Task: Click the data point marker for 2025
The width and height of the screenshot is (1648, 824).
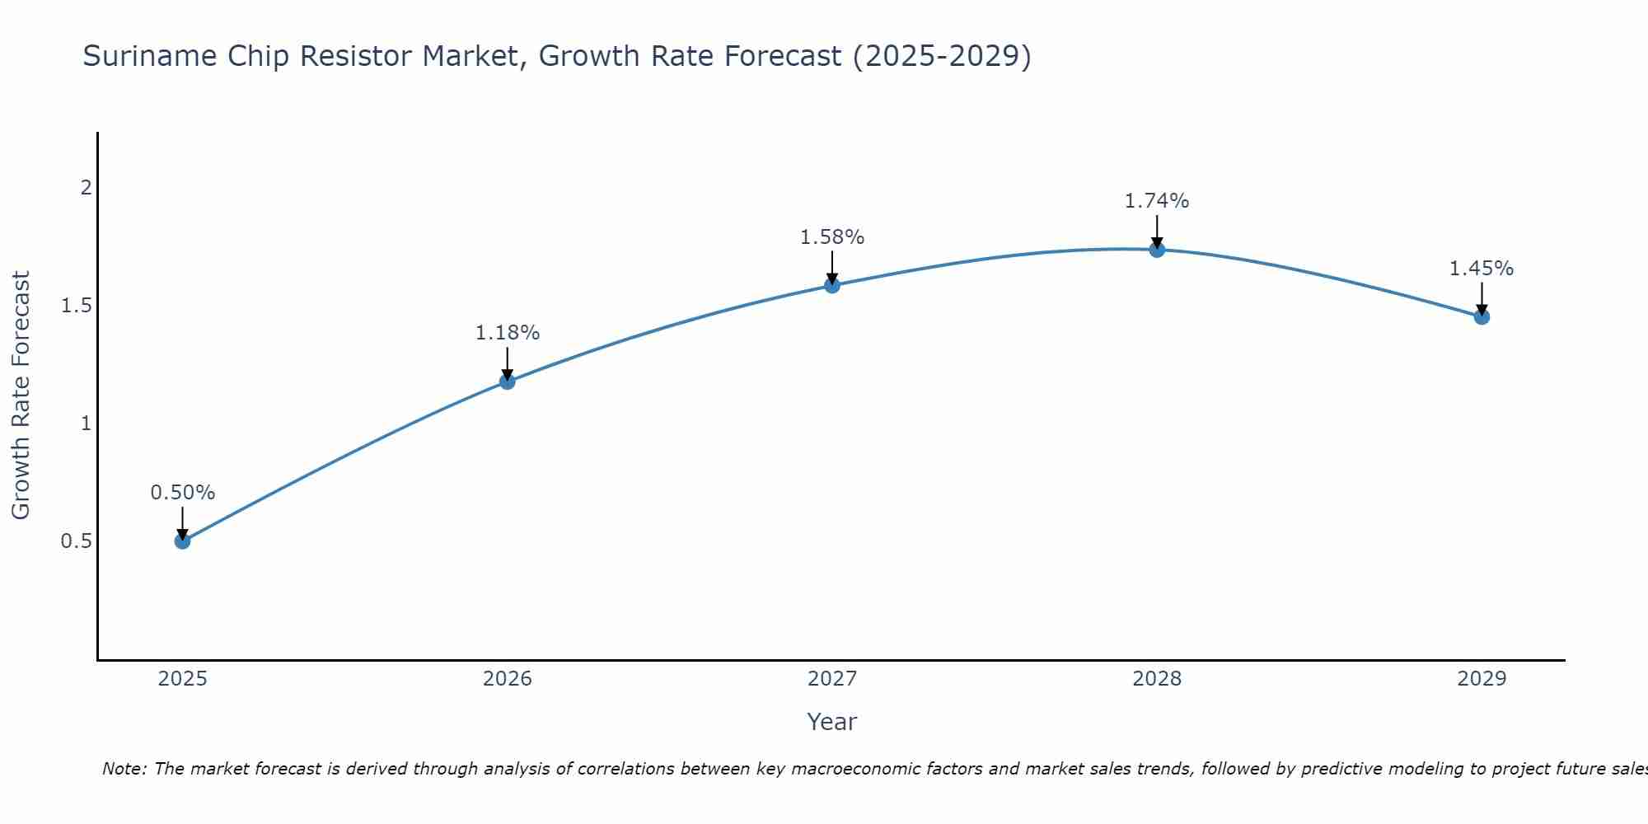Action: (182, 541)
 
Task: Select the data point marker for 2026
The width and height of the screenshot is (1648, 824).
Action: (508, 382)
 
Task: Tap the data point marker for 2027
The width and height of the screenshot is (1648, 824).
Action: (832, 285)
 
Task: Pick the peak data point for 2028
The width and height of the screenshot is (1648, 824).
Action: (1157, 250)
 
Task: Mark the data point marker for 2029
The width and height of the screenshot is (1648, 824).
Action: (1482, 316)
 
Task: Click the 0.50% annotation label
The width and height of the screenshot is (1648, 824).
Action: (182, 493)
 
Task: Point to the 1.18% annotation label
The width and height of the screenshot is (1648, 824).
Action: (508, 333)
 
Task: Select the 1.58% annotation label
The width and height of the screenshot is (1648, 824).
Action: (832, 237)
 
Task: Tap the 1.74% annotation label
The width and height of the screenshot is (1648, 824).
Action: (1157, 201)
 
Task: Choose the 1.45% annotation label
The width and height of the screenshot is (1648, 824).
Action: (1482, 269)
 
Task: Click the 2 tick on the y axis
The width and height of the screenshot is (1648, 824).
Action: (85, 188)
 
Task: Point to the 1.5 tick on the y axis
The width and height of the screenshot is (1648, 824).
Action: (76, 306)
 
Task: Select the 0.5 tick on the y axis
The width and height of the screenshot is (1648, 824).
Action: (76, 541)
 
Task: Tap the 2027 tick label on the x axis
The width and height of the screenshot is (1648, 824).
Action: (832, 679)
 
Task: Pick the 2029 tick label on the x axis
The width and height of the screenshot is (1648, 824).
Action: (1482, 679)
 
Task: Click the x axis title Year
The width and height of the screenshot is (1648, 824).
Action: (832, 722)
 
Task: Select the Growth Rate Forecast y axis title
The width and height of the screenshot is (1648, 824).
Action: (21, 396)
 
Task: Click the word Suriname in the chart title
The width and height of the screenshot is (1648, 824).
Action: (145, 57)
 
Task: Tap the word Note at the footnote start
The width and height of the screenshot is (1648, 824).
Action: (124, 769)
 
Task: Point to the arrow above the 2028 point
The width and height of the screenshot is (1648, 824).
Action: (1157, 231)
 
